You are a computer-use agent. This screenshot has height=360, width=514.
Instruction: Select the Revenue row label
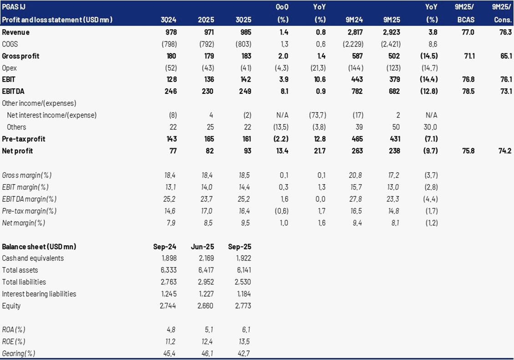click(x=16, y=32)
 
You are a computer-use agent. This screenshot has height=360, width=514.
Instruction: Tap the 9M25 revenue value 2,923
click(x=391, y=32)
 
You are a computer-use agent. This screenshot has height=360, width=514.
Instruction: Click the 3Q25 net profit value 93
click(x=246, y=151)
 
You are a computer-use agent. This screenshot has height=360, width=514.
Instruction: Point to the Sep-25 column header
click(x=239, y=247)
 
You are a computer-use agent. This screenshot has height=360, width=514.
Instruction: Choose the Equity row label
click(x=11, y=306)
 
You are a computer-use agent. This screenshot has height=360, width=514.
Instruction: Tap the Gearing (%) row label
click(x=19, y=353)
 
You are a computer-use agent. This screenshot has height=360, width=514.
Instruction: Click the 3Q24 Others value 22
click(x=173, y=127)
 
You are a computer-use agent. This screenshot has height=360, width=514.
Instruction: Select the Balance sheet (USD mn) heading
click(x=39, y=247)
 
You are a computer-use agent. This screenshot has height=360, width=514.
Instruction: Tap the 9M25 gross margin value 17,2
click(x=392, y=175)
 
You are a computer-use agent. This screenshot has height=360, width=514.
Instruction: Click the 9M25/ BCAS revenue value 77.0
click(x=467, y=32)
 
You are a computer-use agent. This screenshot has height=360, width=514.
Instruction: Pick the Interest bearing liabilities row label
click(x=39, y=294)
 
